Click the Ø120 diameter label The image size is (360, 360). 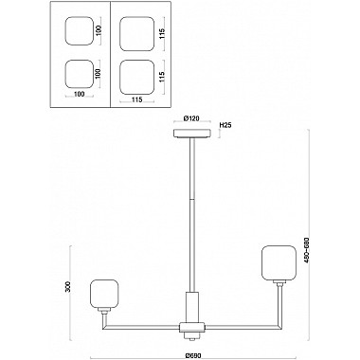192,118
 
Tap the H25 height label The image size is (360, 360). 225,125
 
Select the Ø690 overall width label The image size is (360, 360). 192,355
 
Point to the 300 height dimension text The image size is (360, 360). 67,287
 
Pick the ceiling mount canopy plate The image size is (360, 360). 192,134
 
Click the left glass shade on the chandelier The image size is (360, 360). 104,294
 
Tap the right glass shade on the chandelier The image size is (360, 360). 279,263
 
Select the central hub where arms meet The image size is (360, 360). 192,328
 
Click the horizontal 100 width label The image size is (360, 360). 79,94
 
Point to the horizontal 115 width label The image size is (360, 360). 137,99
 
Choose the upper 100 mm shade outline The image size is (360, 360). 80,31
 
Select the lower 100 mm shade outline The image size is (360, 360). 79,75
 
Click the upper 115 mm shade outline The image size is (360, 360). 137,34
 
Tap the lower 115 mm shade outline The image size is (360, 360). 137,77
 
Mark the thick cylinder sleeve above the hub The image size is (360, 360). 192,307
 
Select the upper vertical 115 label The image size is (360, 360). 162,33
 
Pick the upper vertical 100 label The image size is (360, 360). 99,31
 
